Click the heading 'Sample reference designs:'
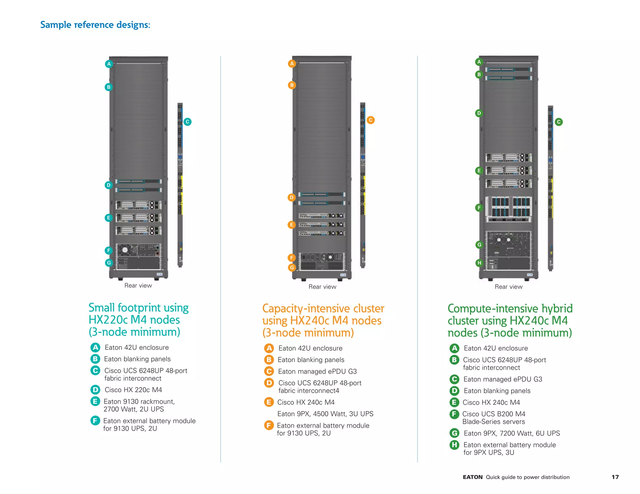[95, 25]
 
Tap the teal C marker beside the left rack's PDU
[187, 122]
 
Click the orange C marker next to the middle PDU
[370, 120]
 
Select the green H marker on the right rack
[479, 263]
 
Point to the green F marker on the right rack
[479, 208]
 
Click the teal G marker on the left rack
[109, 263]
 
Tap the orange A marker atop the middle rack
[292, 64]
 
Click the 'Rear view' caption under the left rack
[138, 285]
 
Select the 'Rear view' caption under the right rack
[508, 287]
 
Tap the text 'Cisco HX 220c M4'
[133, 390]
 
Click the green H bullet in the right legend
[454, 445]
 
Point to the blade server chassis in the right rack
[508, 209]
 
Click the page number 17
[615, 477]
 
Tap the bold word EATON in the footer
[472, 477]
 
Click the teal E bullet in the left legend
[95, 401]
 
